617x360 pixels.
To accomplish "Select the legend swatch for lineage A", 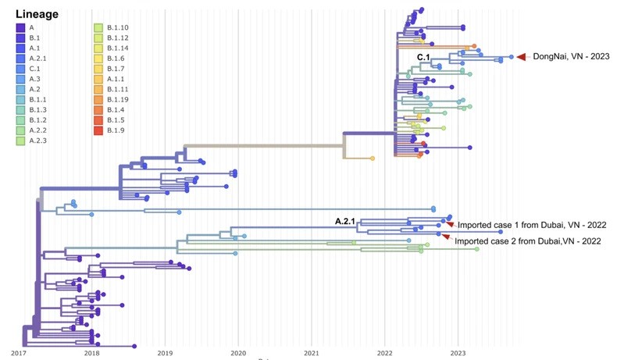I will (20, 27).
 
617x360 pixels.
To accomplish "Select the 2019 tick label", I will (165, 353).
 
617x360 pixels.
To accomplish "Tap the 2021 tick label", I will (311, 353).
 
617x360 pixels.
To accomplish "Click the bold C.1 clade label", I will (423, 58).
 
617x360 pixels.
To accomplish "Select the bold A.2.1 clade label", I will (345, 222).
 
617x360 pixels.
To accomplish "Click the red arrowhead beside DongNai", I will (522, 55).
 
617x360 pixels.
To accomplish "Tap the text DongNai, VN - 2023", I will (571, 56).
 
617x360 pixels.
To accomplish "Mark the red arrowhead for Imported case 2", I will (445, 237).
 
